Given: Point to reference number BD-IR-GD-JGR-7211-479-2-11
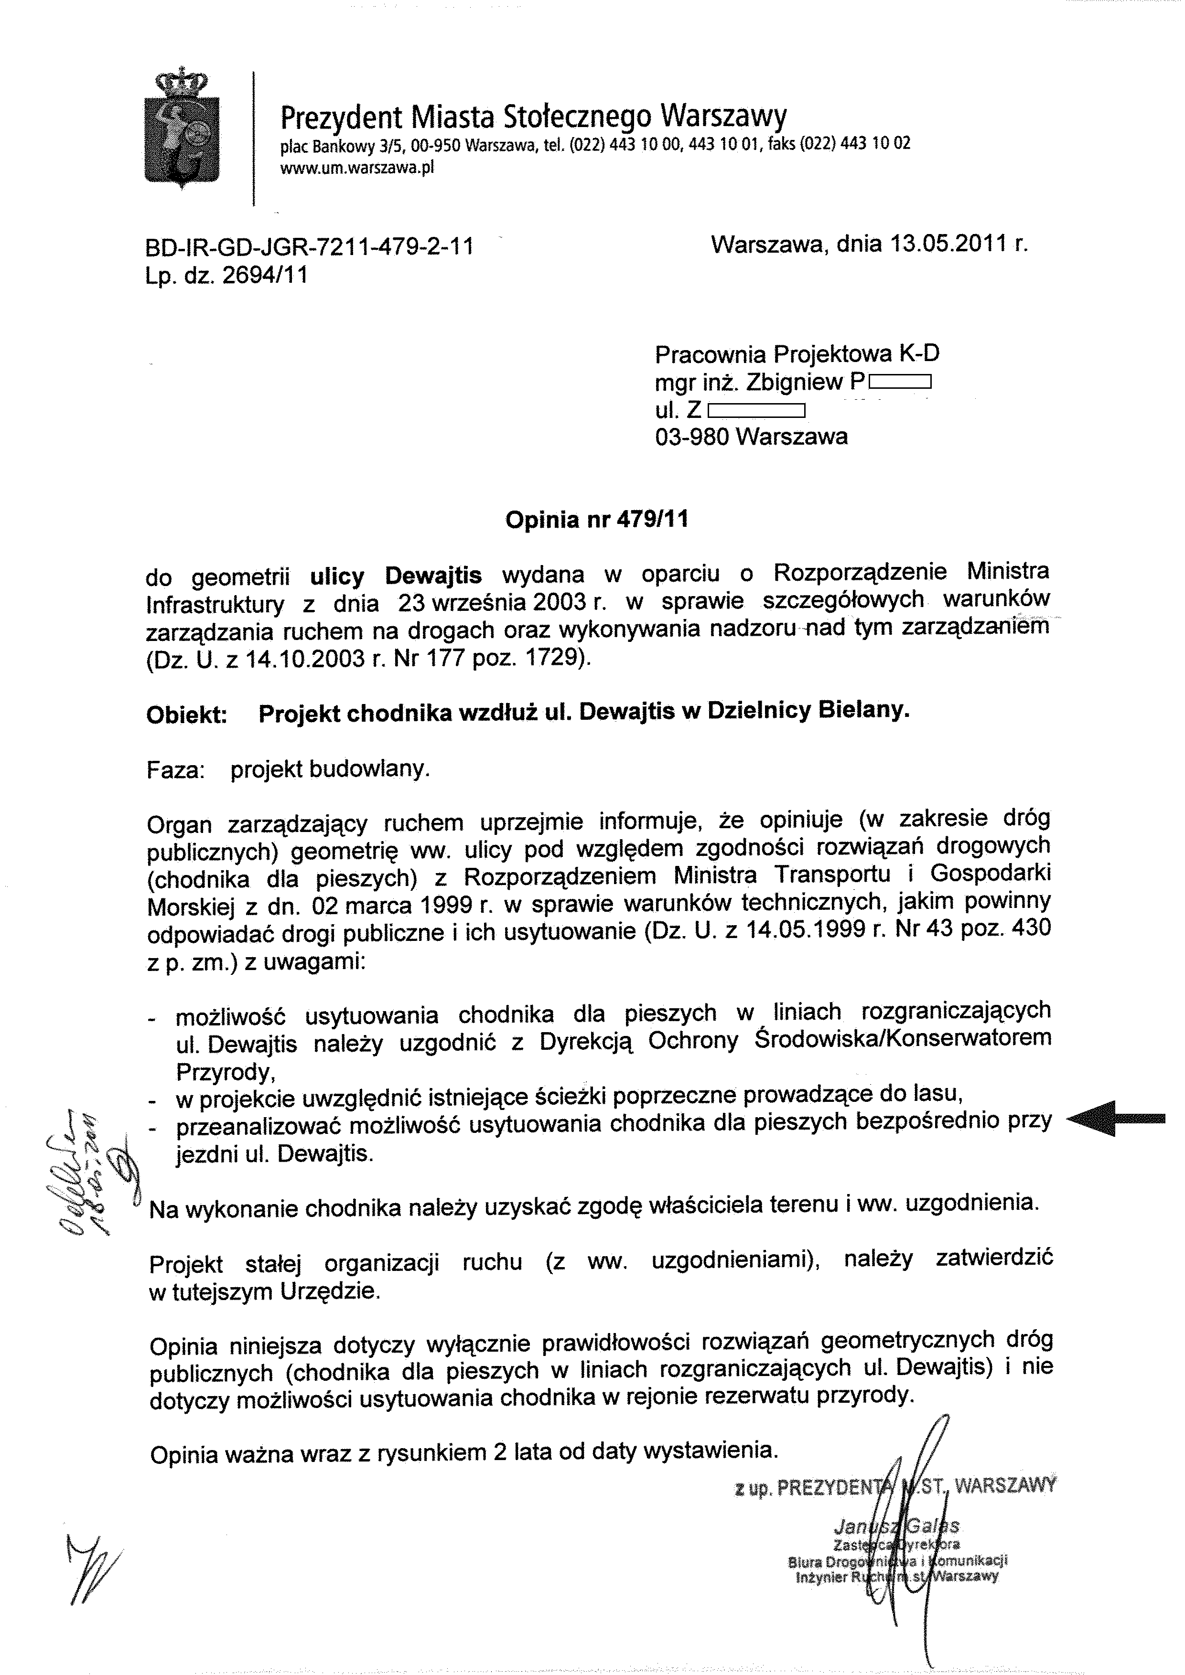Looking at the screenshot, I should click(x=309, y=247).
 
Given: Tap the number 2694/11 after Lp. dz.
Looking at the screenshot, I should click(x=264, y=275).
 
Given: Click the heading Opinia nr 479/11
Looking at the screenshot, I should click(x=596, y=520).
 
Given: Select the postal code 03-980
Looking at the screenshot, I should click(x=692, y=437).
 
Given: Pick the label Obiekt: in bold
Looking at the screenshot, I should click(x=187, y=715).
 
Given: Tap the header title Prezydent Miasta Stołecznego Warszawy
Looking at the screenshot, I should click(x=533, y=116).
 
